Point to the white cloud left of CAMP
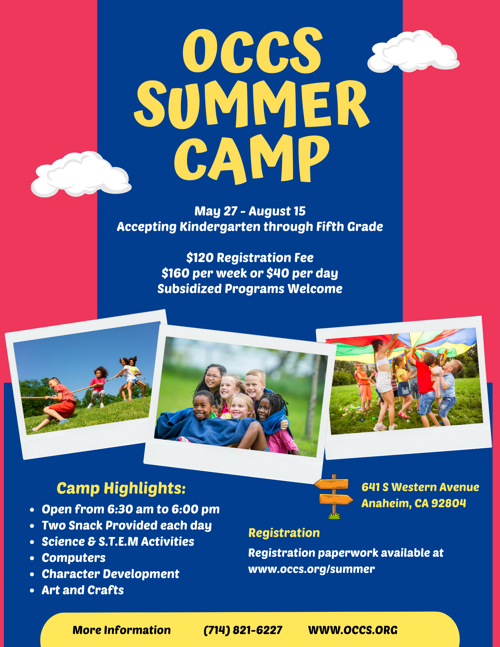[x=81, y=174]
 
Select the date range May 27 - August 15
[x=250, y=211]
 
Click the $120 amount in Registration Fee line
[x=200, y=258]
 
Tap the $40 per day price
[x=302, y=274]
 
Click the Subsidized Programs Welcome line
[x=250, y=289]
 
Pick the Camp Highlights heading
[x=121, y=488]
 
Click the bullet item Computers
[x=73, y=558]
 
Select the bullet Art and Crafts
[x=83, y=590]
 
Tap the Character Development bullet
[x=110, y=574]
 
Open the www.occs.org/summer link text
[x=311, y=569]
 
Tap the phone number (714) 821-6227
[x=243, y=630]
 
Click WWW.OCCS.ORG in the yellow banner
[x=353, y=630]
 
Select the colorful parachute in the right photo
[x=401, y=345]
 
